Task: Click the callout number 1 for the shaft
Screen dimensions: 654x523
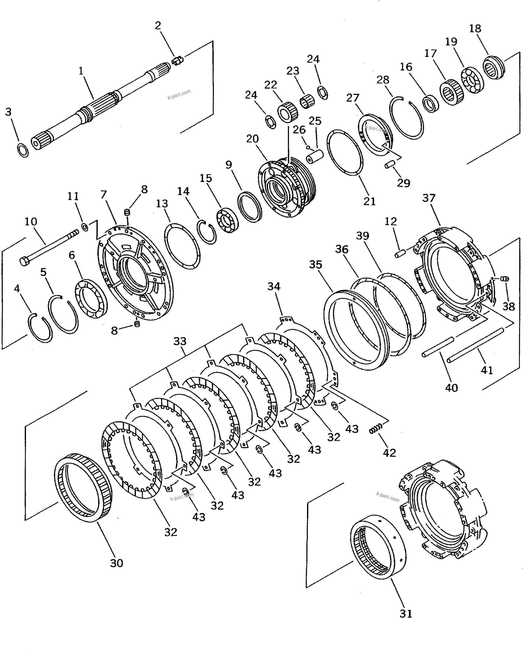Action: (81, 71)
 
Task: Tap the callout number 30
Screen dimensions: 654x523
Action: (116, 563)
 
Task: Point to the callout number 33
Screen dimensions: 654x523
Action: (180, 341)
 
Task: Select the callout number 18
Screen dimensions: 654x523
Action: (475, 28)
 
